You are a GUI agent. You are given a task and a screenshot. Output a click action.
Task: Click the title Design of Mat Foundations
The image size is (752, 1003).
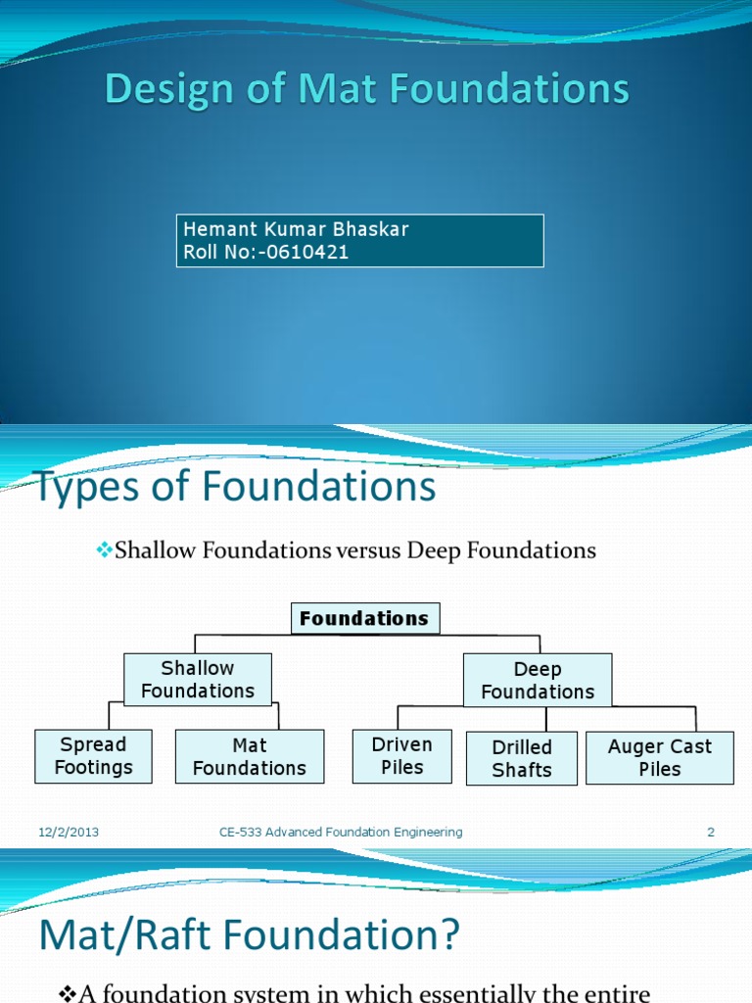(x=367, y=89)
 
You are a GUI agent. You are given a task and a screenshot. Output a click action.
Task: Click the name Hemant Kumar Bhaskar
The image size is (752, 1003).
(x=296, y=229)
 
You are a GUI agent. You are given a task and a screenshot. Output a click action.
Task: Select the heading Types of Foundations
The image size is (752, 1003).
(x=236, y=487)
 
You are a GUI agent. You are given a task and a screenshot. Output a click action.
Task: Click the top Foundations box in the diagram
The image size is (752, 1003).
(x=364, y=619)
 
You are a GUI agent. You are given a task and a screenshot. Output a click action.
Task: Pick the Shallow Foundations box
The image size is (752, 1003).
(x=198, y=680)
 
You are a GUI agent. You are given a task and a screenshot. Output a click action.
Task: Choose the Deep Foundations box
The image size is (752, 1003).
(x=538, y=681)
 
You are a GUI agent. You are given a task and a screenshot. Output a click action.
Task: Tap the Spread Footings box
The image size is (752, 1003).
(x=93, y=756)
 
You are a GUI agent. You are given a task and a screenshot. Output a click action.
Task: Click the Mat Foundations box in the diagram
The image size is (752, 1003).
(x=250, y=757)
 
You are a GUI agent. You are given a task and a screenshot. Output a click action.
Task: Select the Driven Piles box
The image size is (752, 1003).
(x=402, y=756)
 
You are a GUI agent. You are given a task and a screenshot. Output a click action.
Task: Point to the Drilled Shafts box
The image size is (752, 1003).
(x=522, y=758)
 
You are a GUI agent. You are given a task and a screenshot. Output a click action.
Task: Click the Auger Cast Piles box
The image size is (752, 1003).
(x=660, y=758)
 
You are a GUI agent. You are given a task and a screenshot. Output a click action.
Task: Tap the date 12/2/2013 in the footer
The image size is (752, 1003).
(x=69, y=833)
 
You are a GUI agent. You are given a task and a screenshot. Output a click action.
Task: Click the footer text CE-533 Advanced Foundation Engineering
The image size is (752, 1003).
(x=341, y=833)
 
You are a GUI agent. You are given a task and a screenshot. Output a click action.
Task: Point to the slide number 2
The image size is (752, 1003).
(x=711, y=833)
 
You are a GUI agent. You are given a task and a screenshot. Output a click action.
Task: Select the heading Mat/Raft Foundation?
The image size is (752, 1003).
(x=249, y=936)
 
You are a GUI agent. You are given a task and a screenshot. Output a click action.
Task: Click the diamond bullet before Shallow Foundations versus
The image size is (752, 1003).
(x=105, y=550)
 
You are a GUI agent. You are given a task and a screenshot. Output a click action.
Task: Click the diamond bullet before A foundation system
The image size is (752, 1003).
(x=68, y=994)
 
